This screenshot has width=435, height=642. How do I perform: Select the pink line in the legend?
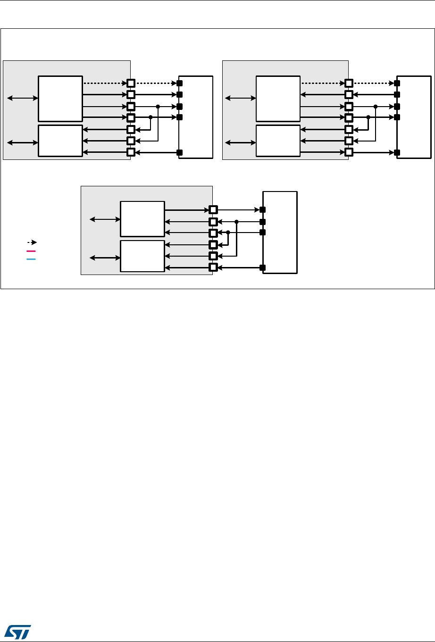point(31,251)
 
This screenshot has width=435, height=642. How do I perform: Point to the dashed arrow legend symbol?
point(32,242)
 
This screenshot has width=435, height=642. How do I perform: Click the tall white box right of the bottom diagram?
point(280,232)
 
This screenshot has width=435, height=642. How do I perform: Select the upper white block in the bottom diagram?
point(142,218)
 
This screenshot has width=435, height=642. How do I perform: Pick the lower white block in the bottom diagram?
point(142,256)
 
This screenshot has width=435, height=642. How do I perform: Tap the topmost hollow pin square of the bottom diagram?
point(213,209)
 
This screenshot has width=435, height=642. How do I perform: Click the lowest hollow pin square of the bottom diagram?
point(213,267)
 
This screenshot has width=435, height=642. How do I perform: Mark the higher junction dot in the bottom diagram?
point(236,221)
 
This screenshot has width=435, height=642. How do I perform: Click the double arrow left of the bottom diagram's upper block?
point(105,219)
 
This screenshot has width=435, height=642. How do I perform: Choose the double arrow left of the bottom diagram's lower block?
point(105,257)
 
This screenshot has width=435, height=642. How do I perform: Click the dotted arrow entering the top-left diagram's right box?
point(156,83)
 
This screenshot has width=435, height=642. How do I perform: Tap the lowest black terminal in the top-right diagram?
point(397,152)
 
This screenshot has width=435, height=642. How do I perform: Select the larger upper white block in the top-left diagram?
point(60,98)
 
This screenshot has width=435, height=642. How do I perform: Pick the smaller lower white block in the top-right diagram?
point(278,141)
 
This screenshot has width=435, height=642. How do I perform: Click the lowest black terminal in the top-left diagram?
point(179,152)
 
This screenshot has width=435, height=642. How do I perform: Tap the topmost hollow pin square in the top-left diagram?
point(131,83)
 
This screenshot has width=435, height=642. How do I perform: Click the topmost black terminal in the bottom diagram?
point(263,209)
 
